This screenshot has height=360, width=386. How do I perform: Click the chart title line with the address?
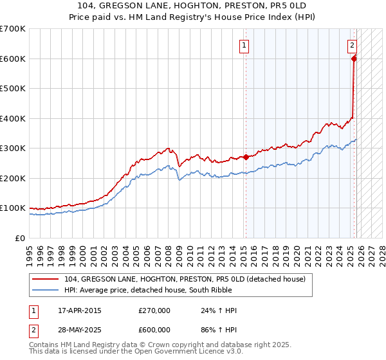click(192, 6)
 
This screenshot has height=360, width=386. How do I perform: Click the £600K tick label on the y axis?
click(13, 59)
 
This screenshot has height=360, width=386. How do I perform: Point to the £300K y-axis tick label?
click(13, 148)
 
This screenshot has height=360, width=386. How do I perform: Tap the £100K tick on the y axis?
click(13, 208)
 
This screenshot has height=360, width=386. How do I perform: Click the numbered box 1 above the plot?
click(244, 45)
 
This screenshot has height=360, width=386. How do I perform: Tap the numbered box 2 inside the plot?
click(353, 45)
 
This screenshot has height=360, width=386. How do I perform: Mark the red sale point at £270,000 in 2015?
click(246, 157)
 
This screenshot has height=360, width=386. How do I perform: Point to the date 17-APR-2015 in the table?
click(79, 310)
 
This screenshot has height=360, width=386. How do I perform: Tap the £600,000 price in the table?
click(154, 329)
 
